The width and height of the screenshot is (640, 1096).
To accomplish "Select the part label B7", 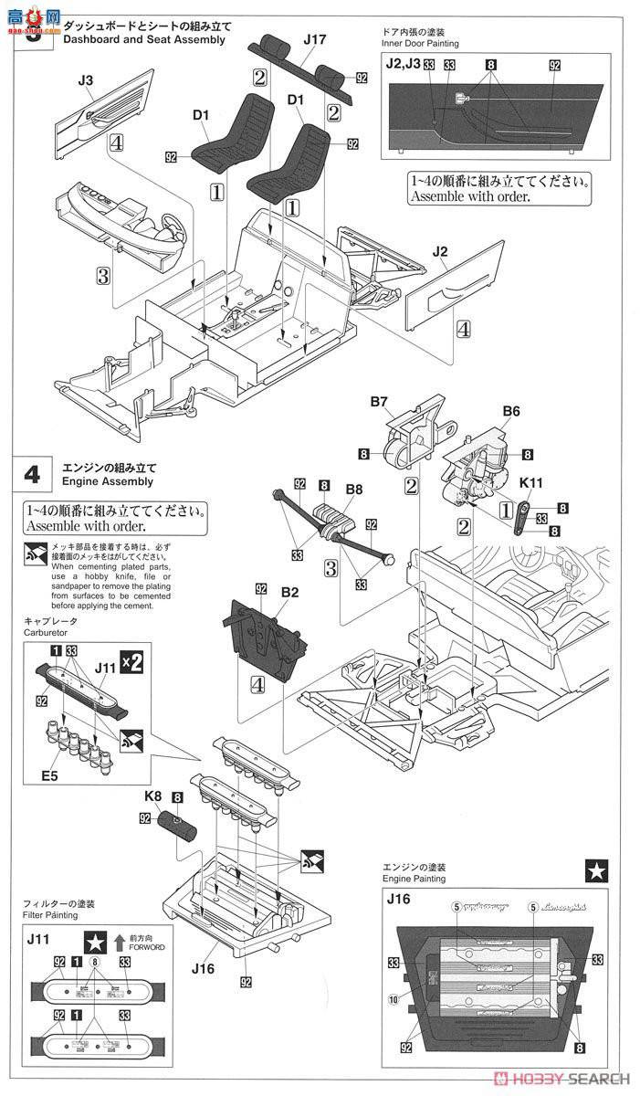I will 380,401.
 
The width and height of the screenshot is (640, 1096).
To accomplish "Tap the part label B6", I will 510,412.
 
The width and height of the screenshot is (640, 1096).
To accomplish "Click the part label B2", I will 264,592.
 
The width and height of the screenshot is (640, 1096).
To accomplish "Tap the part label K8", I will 153,796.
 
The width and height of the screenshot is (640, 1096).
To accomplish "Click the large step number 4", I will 32,474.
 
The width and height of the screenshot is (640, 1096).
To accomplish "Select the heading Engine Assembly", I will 108,481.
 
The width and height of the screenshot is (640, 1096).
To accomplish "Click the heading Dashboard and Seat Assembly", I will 144,39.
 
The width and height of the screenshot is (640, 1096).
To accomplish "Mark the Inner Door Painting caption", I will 421,44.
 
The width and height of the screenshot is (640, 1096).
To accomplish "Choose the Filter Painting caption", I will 57,914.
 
